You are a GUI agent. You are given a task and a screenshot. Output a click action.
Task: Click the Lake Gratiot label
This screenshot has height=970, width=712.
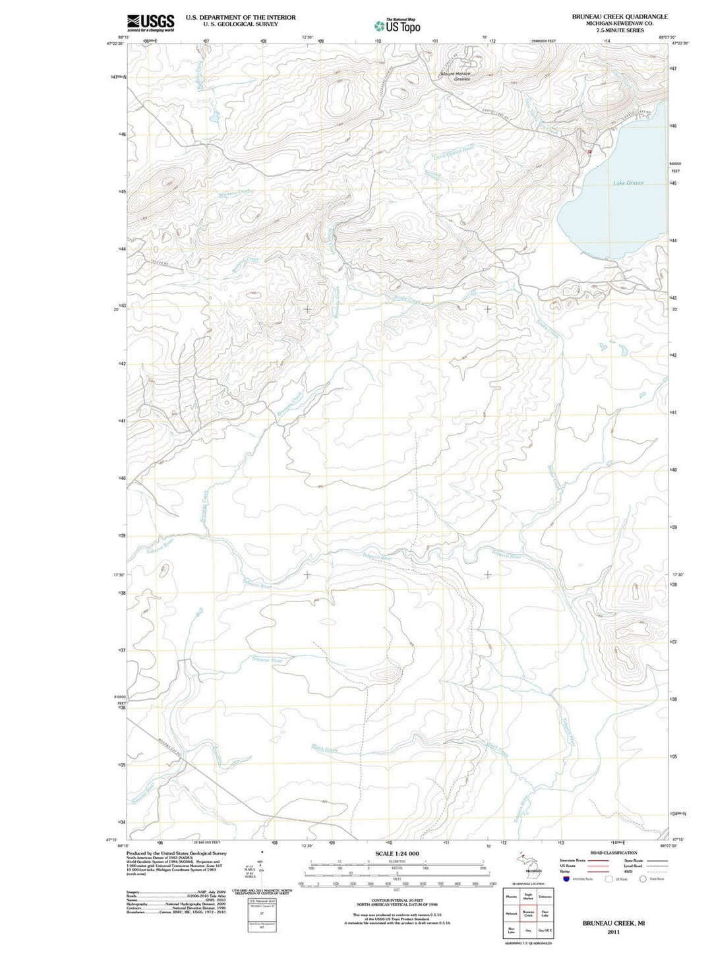click(628, 183)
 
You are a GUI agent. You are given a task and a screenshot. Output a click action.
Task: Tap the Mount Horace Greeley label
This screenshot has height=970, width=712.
click(456, 76)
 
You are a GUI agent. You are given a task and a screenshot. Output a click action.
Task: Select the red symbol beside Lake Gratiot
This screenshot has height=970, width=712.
click(589, 151)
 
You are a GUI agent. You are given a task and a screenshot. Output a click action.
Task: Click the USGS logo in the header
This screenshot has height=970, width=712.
click(150, 22)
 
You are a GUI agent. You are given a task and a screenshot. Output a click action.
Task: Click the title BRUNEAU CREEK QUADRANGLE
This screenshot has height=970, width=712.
click(620, 16)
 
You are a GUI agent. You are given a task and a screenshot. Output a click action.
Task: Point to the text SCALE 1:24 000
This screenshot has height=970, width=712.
click(397, 853)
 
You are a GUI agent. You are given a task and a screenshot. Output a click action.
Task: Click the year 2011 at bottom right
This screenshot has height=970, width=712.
click(613, 932)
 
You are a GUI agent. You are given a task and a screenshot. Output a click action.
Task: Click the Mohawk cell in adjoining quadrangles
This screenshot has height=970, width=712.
click(512, 914)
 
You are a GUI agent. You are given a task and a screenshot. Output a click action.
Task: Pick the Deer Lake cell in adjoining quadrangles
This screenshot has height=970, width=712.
click(545, 914)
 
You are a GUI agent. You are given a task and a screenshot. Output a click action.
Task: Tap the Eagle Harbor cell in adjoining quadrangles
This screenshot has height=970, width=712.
click(528, 896)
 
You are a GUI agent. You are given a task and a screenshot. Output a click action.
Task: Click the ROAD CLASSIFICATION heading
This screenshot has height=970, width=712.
click(613, 853)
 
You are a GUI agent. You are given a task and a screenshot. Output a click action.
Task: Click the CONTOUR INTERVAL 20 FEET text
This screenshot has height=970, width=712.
click(396, 899)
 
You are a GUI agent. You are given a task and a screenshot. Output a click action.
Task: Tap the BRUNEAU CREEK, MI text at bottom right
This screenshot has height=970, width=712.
click(613, 924)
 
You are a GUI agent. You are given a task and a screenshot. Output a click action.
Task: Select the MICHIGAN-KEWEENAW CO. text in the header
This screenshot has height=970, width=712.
click(620, 23)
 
